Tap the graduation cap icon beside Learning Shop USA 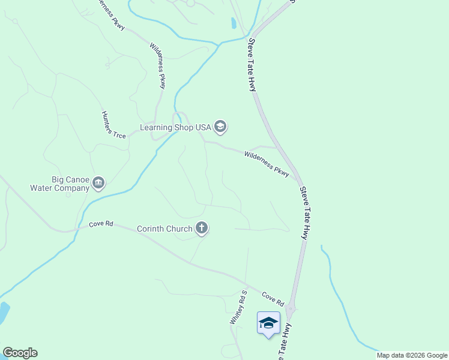pos(220,127)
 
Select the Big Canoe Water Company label pos(58,183)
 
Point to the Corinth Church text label pos(164,229)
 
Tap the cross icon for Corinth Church pos(202,228)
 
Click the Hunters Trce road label pos(113,125)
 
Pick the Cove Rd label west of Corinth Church pos(101,224)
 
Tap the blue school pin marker pos(268,324)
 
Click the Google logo pos(20,353)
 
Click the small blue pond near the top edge pos(233,23)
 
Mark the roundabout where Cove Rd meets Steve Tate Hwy pos(291,309)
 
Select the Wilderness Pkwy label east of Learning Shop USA pos(267,163)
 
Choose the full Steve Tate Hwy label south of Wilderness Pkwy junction pos(304,213)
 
